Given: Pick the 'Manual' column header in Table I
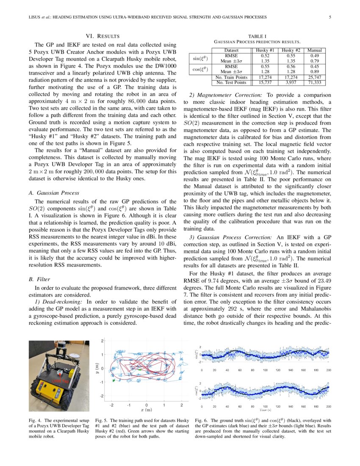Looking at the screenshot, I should point(315,50).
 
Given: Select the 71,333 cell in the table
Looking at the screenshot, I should point(315,83).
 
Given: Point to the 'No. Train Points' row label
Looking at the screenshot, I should point(231,78).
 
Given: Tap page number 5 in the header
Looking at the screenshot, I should point(330,17).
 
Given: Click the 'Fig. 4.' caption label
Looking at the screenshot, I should point(34,420).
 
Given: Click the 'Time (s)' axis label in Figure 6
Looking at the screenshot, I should point(265,410).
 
